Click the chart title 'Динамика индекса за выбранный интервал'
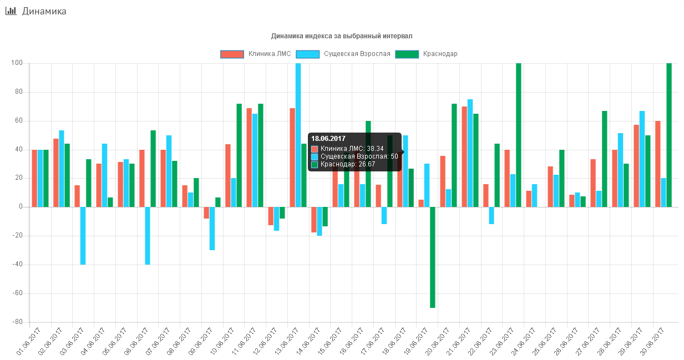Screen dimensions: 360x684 pos(342,36)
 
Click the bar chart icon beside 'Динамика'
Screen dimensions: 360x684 pos(11,11)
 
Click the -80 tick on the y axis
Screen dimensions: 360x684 pos(18,322)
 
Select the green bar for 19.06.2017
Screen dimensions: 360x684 pos(433,257)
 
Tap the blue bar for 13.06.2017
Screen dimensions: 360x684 pos(298,135)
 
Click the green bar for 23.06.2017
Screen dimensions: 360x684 pos(519,135)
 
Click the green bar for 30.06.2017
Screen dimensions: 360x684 pos(669,135)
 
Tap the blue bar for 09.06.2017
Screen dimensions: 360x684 pos(212,229)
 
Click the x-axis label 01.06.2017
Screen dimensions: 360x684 pos(28,342)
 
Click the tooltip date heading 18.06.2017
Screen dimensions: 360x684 pos(328,139)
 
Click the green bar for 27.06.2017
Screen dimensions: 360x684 pos(605,159)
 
